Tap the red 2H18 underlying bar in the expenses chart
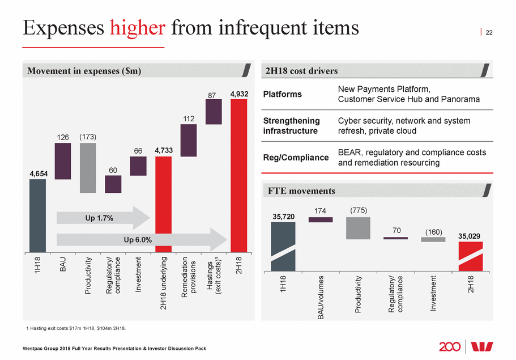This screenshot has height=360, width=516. (x=163, y=203)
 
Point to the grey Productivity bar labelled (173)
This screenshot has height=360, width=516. (x=88, y=168)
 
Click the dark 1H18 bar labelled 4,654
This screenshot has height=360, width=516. (x=37, y=215)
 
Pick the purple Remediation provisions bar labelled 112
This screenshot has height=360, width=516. (x=189, y=140)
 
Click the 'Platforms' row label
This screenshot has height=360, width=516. (x=282, y=94)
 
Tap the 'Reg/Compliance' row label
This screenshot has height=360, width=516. (x=296, y=158)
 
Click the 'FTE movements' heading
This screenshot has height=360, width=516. (x=301, y=191)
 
